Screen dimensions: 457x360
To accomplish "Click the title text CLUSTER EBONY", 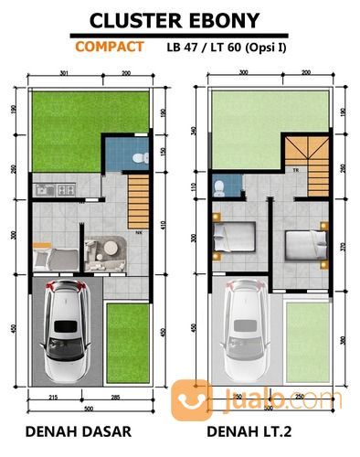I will click(x=179, y=20).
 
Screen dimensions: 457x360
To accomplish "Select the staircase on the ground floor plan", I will click(x=138, y=197).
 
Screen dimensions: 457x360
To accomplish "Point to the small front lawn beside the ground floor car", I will click(x=127, y=339).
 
